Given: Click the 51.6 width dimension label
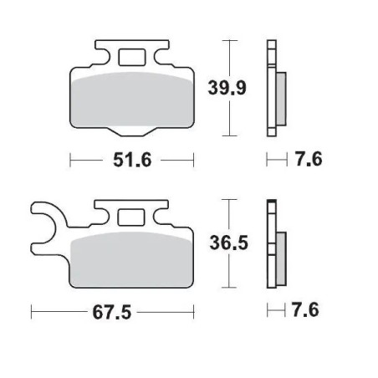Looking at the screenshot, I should pyautogui.click(x=131, y=160).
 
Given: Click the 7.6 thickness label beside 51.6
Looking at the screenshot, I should pyautogui.click(x=307, y=160).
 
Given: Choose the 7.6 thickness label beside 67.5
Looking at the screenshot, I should pyautogui.click(x=306, y=310).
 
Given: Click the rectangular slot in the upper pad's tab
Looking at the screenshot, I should pyautogui.click(x=130, y=58).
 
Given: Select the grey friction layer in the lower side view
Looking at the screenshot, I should pyautogui.click(x=279, y=248).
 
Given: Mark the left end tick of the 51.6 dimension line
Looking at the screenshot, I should pyautogui.click(x=69, y=160).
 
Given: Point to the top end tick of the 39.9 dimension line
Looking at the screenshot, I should pyautogui.click(x=228, y=39).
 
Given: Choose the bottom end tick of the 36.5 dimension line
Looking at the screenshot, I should pyautogui.click(x=228, y=287).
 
